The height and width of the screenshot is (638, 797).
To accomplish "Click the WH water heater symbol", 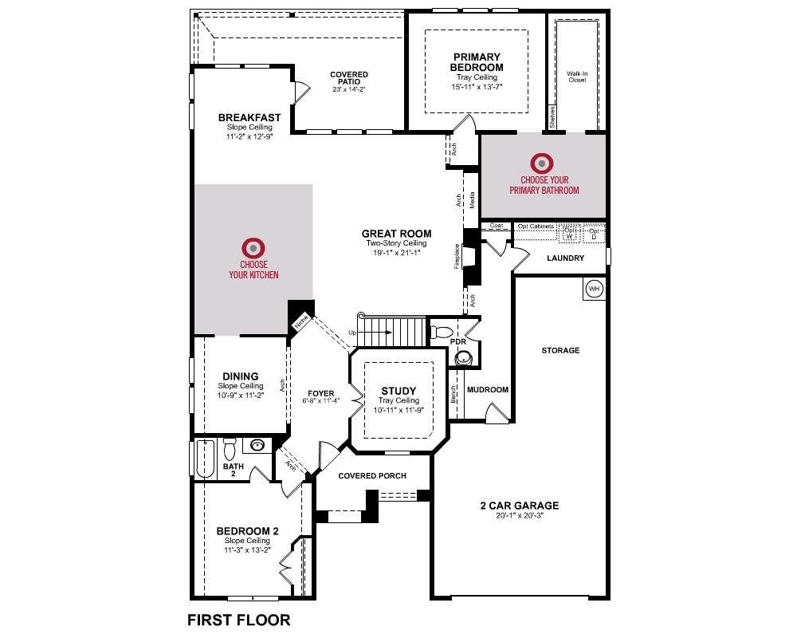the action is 594,289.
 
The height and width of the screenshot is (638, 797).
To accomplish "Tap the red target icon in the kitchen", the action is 253,248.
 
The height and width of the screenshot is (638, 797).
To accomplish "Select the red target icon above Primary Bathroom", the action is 542,163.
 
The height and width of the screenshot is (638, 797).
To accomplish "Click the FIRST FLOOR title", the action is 239,620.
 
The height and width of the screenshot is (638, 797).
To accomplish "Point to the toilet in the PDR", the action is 441,333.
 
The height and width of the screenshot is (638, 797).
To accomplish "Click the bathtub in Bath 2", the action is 206,459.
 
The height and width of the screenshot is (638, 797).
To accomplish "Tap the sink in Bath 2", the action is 257,446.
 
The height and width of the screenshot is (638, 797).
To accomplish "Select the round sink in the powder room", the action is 463,359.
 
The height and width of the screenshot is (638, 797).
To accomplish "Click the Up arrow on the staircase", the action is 375,333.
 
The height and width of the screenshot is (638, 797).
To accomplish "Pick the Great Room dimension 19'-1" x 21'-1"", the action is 396,252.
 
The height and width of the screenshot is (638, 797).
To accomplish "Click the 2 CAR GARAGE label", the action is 520,505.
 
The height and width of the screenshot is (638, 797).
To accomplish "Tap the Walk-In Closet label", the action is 577,77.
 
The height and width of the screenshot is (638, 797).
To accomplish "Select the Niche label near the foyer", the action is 301,321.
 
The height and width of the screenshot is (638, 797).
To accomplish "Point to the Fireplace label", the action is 457,257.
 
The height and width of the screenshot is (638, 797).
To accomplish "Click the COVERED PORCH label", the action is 372,475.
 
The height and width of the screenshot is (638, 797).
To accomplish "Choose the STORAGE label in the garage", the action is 560,350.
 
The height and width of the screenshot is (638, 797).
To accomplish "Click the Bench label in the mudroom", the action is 453,395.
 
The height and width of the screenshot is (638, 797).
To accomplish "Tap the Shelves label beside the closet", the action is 552,117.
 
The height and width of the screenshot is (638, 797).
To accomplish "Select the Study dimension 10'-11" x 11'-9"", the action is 398,410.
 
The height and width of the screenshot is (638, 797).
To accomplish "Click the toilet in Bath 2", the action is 230,448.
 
